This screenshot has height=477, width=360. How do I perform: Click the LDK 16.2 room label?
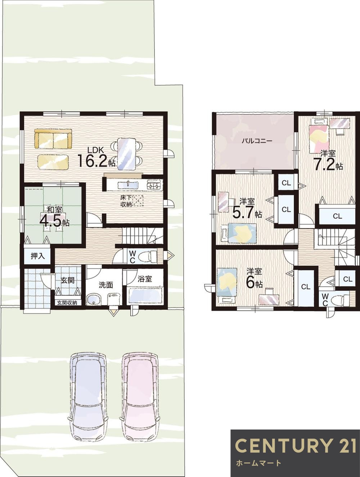point(96,157)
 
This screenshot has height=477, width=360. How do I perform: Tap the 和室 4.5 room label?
point(55,217)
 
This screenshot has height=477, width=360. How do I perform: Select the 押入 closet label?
point(38,256)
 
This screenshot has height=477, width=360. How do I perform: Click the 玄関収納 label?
point(67,303)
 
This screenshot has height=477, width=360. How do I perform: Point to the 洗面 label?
point(106,285)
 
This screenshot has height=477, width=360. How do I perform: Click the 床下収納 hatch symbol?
point(138,200)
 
